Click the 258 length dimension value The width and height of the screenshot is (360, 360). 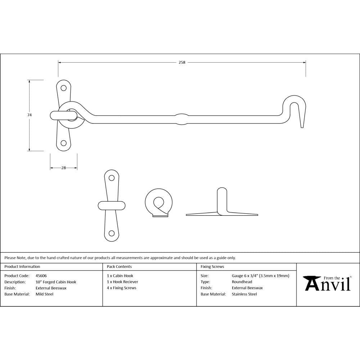182,62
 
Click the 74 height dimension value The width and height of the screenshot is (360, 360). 30,115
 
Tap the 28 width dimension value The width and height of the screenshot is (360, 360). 64,168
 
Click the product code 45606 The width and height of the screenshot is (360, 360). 41,276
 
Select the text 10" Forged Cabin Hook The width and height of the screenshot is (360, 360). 56,282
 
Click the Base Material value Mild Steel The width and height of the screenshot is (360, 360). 44,294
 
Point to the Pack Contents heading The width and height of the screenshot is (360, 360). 119,267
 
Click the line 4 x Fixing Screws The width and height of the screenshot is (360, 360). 122,288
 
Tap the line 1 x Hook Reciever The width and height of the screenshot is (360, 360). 122,282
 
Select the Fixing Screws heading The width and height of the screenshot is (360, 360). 212,267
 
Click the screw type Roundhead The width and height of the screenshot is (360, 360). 242,282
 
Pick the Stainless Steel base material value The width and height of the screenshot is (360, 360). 244,294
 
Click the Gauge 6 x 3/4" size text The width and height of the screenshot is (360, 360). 261,276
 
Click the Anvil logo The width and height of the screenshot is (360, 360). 328,283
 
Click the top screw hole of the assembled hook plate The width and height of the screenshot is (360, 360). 64,87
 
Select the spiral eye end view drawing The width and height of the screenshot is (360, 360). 158,203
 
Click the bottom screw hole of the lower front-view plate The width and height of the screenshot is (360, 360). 112,233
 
